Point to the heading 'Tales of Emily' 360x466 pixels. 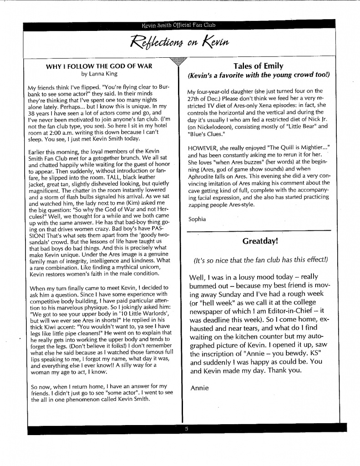point(258,66)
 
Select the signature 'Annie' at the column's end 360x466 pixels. point(199,388)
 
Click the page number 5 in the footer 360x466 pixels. point(186,429)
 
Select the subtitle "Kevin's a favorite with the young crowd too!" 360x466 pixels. point(258,75)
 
